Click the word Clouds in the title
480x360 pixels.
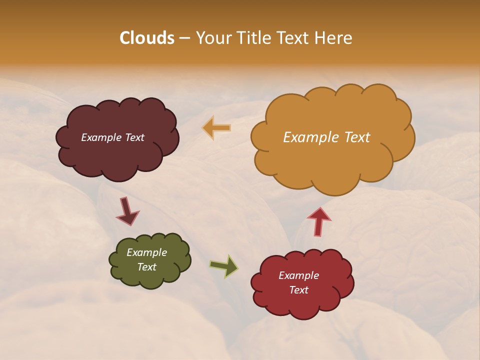coord(146,38)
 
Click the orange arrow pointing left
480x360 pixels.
coord(217,128)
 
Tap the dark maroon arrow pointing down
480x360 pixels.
coord(127,210)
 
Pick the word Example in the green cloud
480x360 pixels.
coord(146,252)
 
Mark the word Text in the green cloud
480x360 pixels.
coord(146,267)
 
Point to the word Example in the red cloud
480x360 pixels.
coord(298,275)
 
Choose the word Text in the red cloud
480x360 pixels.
coord(298,290)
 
